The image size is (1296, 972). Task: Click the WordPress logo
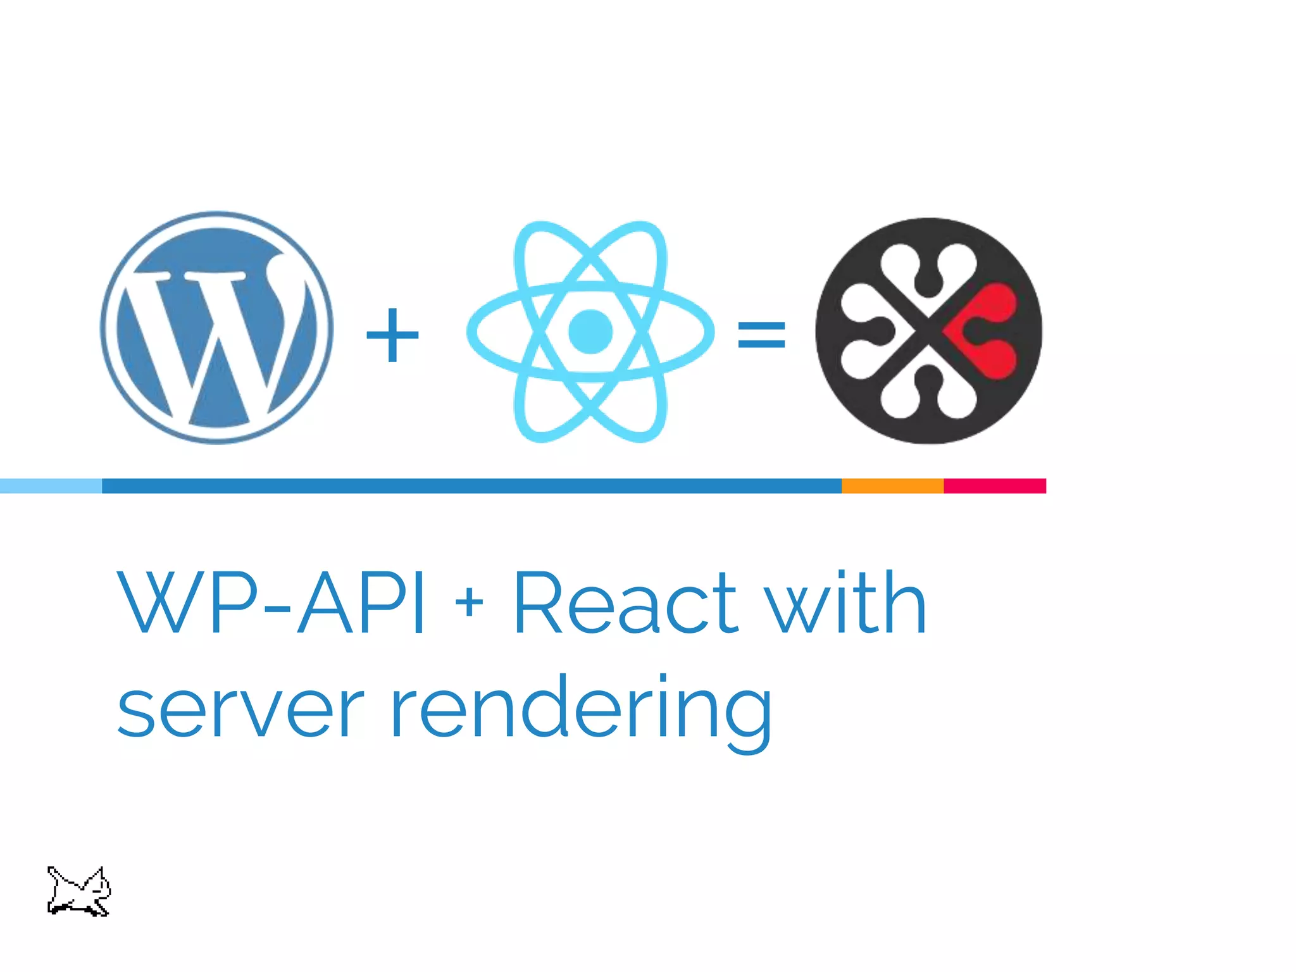(216, 328)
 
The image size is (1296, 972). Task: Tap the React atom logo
(590, 331)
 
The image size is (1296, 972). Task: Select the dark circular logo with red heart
(928, 331)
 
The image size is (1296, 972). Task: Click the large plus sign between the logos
(392, 335)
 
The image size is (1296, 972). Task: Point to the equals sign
(761, 335)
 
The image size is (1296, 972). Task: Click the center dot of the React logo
(590, 331)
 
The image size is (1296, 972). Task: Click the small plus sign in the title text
(469, 602)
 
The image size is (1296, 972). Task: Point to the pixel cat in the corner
(78, 892)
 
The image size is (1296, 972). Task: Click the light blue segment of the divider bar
(51, 486)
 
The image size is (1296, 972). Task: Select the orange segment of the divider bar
(892, 486)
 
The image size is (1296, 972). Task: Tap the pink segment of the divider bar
(995, 486)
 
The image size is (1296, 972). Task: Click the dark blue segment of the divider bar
(471, 486)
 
